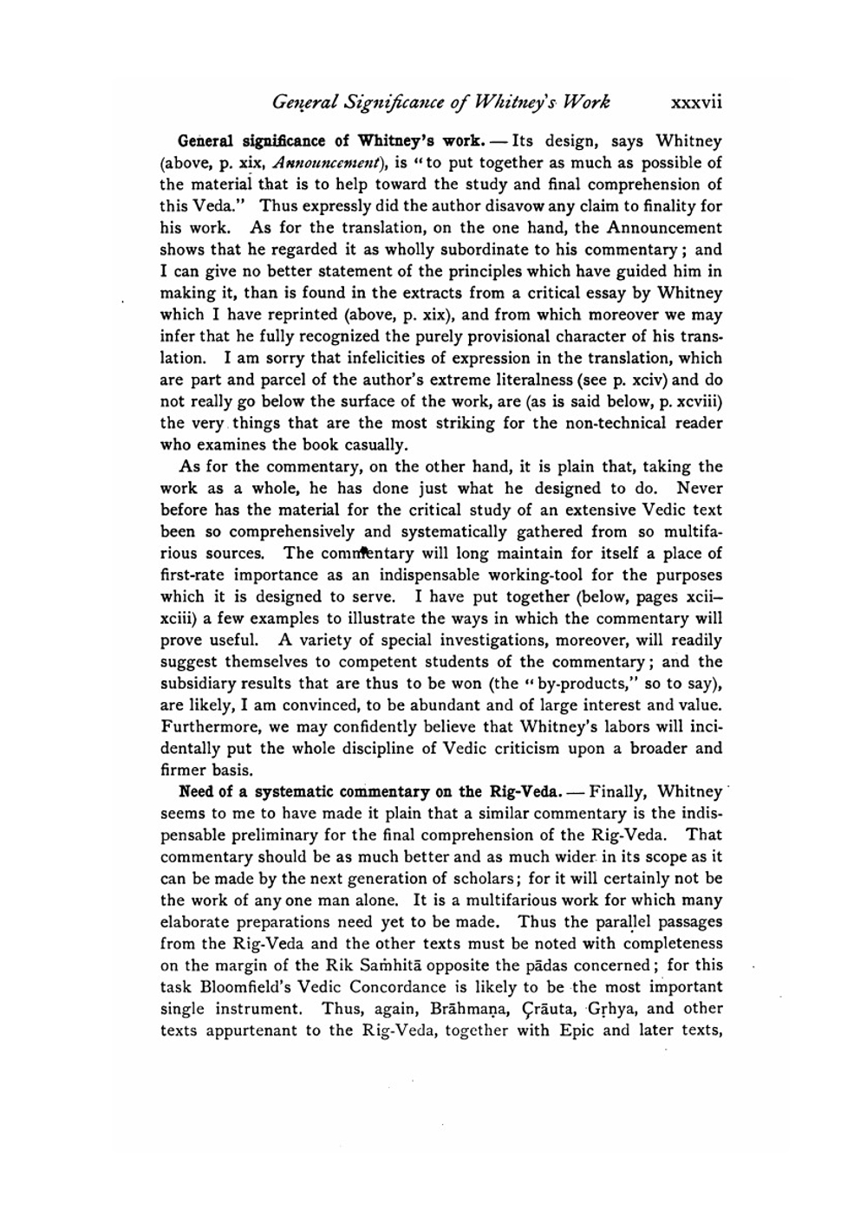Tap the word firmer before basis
(x=185, y=770)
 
